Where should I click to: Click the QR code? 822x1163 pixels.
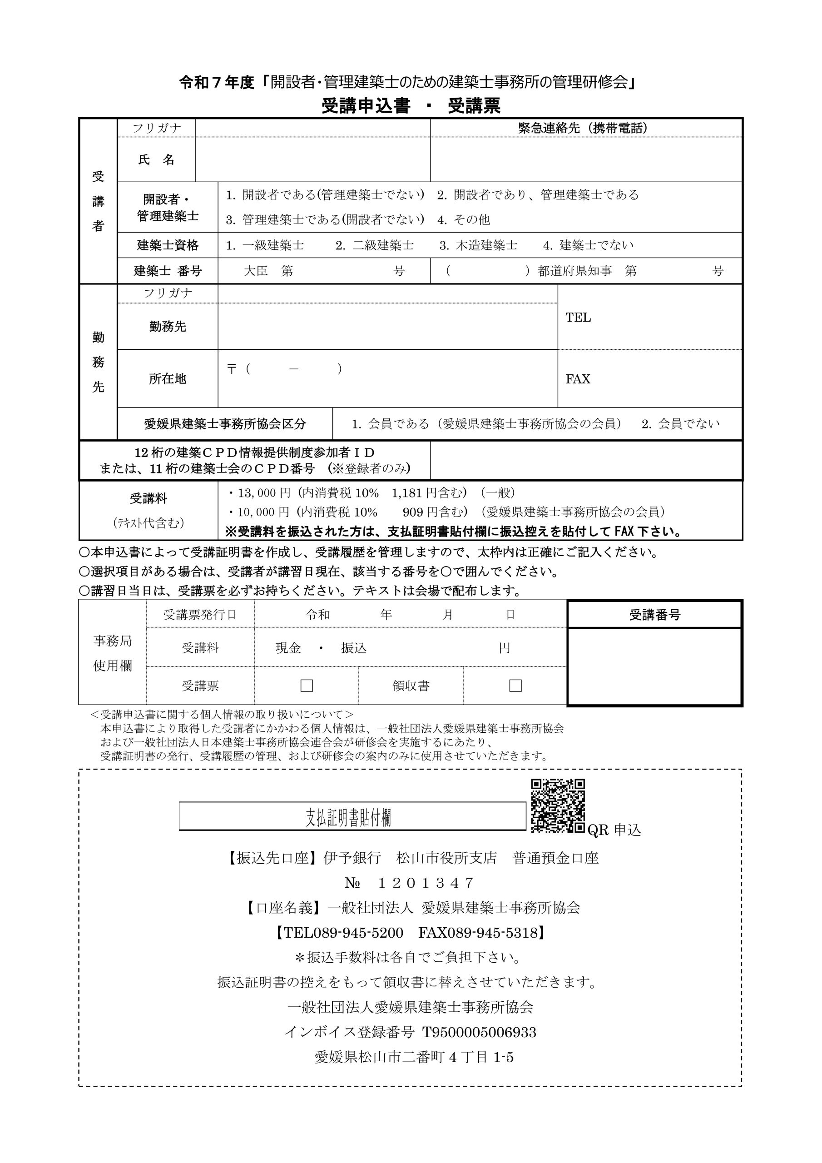(557, 805)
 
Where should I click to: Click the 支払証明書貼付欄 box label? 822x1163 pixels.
(348, 817)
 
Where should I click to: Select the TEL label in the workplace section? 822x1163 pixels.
(578, 318)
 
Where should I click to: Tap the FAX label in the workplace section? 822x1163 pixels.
(577, 379)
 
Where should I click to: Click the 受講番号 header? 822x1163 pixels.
(654, 615)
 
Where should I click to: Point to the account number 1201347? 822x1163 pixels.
(426, 883)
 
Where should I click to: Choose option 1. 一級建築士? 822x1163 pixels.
(265, 246)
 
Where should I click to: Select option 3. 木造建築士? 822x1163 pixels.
(478, 246)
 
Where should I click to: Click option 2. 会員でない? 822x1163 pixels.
(680, 424)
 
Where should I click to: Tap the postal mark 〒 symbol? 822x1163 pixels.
(232, 369)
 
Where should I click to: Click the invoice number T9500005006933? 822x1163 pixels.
(475, 1032)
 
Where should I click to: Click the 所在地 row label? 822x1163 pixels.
(167, 379)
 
